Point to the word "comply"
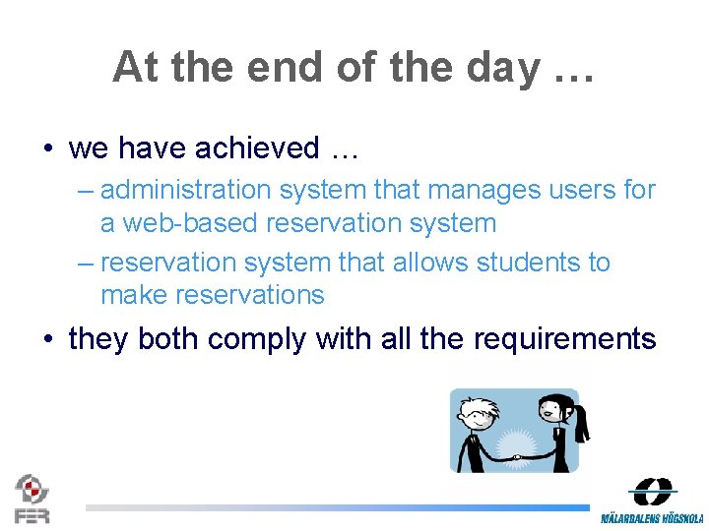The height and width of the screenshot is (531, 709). point(258,340)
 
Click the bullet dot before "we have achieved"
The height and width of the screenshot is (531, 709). point(48,149)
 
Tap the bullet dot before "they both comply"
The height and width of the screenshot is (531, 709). point(48,340)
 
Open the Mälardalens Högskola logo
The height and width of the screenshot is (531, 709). point(652,501)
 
